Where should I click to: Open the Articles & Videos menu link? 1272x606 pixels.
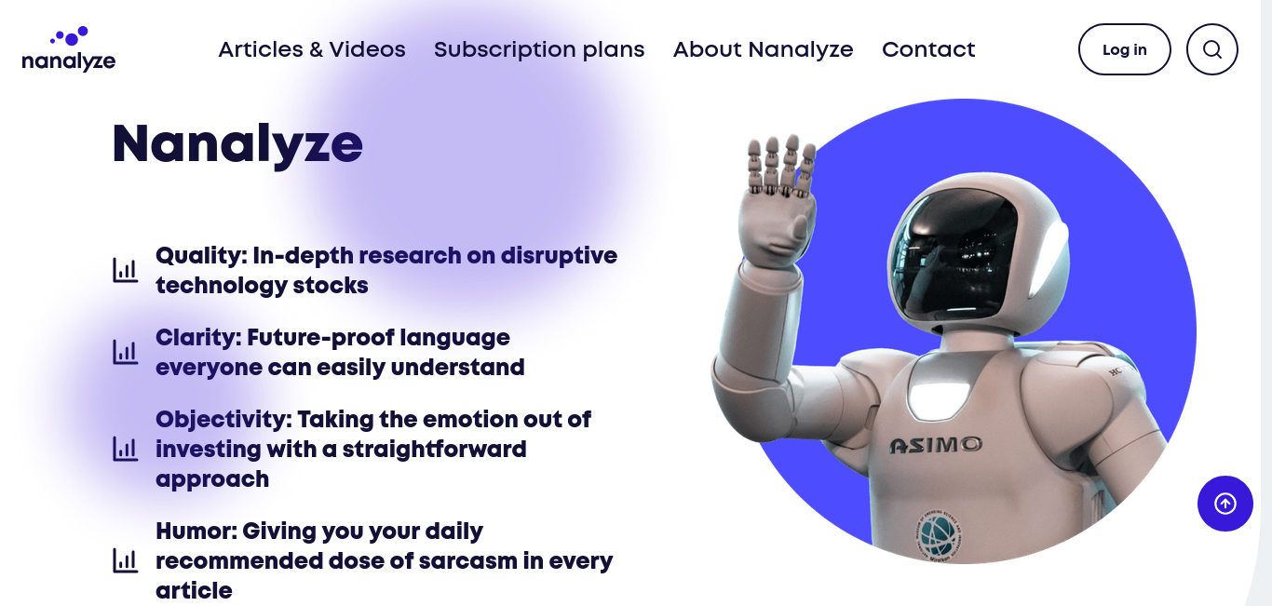click(x=312, y=49)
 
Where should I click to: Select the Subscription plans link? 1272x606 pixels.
click(x=539, y=50)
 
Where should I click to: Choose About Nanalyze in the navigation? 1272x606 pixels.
click(x=763, y=50)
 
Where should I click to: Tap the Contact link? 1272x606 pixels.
click(x=927, y=49)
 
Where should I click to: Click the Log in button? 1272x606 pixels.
click(x=1124, y=49)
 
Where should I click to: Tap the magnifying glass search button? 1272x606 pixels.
click(x=1211, y=49)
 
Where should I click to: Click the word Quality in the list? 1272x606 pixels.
click(x=201, y=256)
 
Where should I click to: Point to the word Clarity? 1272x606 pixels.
click(x=198, y=338)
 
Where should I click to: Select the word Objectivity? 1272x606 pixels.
click(x=223, y=420)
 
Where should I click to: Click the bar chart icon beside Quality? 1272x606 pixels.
click(x=125, y=270)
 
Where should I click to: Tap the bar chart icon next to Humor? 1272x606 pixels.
click(x=125, y=560)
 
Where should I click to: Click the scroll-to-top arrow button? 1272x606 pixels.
click(x=1225, y=504)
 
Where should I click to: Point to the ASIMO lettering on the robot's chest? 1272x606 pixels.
click(x=935, y=445)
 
